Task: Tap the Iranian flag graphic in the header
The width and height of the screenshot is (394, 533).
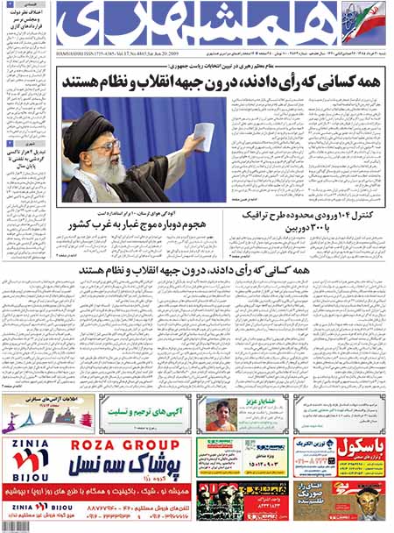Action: [371, 13]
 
